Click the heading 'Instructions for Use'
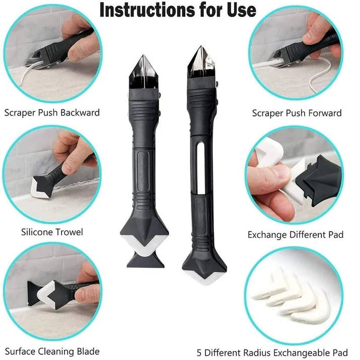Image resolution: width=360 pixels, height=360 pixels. click(178, 10)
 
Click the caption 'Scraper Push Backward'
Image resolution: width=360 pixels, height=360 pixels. click(52, 112)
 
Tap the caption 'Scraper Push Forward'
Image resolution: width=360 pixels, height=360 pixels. click(297, 113)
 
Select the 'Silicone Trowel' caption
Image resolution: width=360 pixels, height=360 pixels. click(52, 232)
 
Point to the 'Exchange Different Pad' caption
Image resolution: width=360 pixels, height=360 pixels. click(296, 235)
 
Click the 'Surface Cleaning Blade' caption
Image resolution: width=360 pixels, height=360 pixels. click(52, 351)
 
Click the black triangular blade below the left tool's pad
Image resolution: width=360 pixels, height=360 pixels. click(146, 260)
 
